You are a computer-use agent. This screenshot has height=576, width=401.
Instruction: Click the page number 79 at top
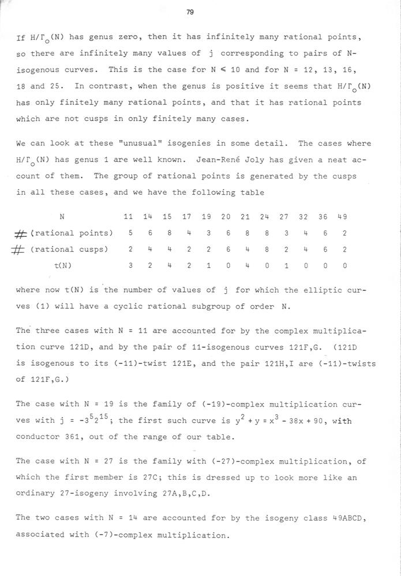tap(190, 12)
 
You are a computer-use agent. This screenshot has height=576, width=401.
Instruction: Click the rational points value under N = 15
tap(167, 233)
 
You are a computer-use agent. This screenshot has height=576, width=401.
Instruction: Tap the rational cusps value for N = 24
tap(265, 249)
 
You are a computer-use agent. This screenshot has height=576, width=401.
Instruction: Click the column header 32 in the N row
tap(305, 217)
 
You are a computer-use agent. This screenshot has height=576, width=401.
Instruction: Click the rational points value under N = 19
tap(207, 233)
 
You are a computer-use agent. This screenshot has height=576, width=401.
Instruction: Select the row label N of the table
tap(62, 217)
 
